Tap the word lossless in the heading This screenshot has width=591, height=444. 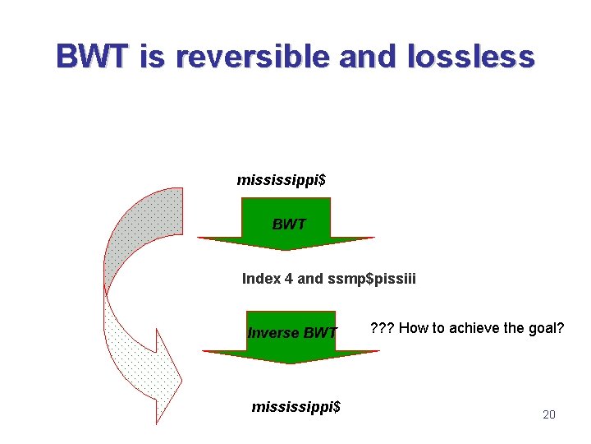(470, 57)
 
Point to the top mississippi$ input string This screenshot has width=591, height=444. (281, 179)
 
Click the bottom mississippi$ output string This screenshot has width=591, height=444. (295, 406)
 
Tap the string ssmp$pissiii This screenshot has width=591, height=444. (371, 279)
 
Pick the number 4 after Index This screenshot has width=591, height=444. (288, 279)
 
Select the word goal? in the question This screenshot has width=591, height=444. (546, 328)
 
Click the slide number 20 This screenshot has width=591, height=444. (549, 414)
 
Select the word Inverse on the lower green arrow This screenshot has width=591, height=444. (273, 333)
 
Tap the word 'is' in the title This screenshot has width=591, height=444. (153, 57)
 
